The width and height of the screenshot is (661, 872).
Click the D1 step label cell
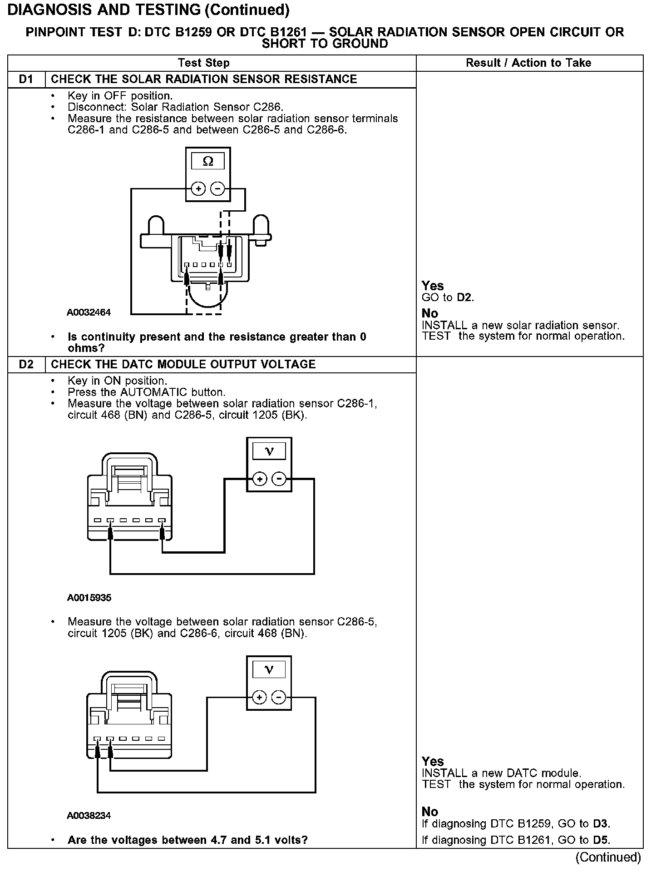click(x=26, y=79)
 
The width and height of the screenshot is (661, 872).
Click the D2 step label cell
click(x=26, y=365)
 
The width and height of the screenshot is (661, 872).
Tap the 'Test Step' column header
click(x=204, y=63)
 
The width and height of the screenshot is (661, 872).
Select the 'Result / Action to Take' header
click(x=528, y=63)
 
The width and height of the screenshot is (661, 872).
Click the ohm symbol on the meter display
click(x=208, y=162)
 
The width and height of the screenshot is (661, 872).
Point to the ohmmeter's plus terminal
click(x=198, y=188)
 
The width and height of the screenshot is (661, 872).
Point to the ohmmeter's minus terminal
click(x=218, y=188)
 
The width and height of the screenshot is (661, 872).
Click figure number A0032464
click(x=89, y=312)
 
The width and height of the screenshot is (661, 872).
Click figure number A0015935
click(x=89, y=598)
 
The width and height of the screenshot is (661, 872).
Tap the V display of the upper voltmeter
click(x=269, y=451)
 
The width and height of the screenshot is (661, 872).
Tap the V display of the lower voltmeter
click(x=269, y=670)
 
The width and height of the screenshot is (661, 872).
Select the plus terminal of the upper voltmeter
click(x=259, y=479)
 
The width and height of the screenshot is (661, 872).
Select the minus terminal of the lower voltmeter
click(x=279, y=697)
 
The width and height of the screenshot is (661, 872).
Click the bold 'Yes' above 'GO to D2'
click(x=432, y=286)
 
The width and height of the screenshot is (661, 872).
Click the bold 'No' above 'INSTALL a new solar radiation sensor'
click(x=429, y=313)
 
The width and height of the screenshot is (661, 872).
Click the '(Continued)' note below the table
click(x=608, y=857)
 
